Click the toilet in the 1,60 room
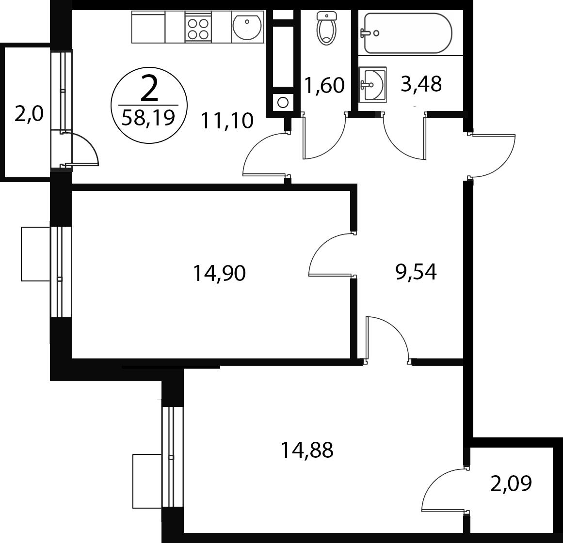[326, 28]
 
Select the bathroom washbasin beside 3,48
[373, 85]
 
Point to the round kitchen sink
[247, 27]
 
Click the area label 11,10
[227, 121]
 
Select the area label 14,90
[219, 273]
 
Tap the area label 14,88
[307, 450]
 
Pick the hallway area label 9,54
[416, 271]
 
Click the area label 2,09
[511, 483]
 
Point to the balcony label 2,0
[29, 114]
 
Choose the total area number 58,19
[148, 117]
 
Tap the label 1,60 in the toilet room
[324, 85]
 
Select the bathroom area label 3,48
[421, 84]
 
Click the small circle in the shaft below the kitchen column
[283, 103]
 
